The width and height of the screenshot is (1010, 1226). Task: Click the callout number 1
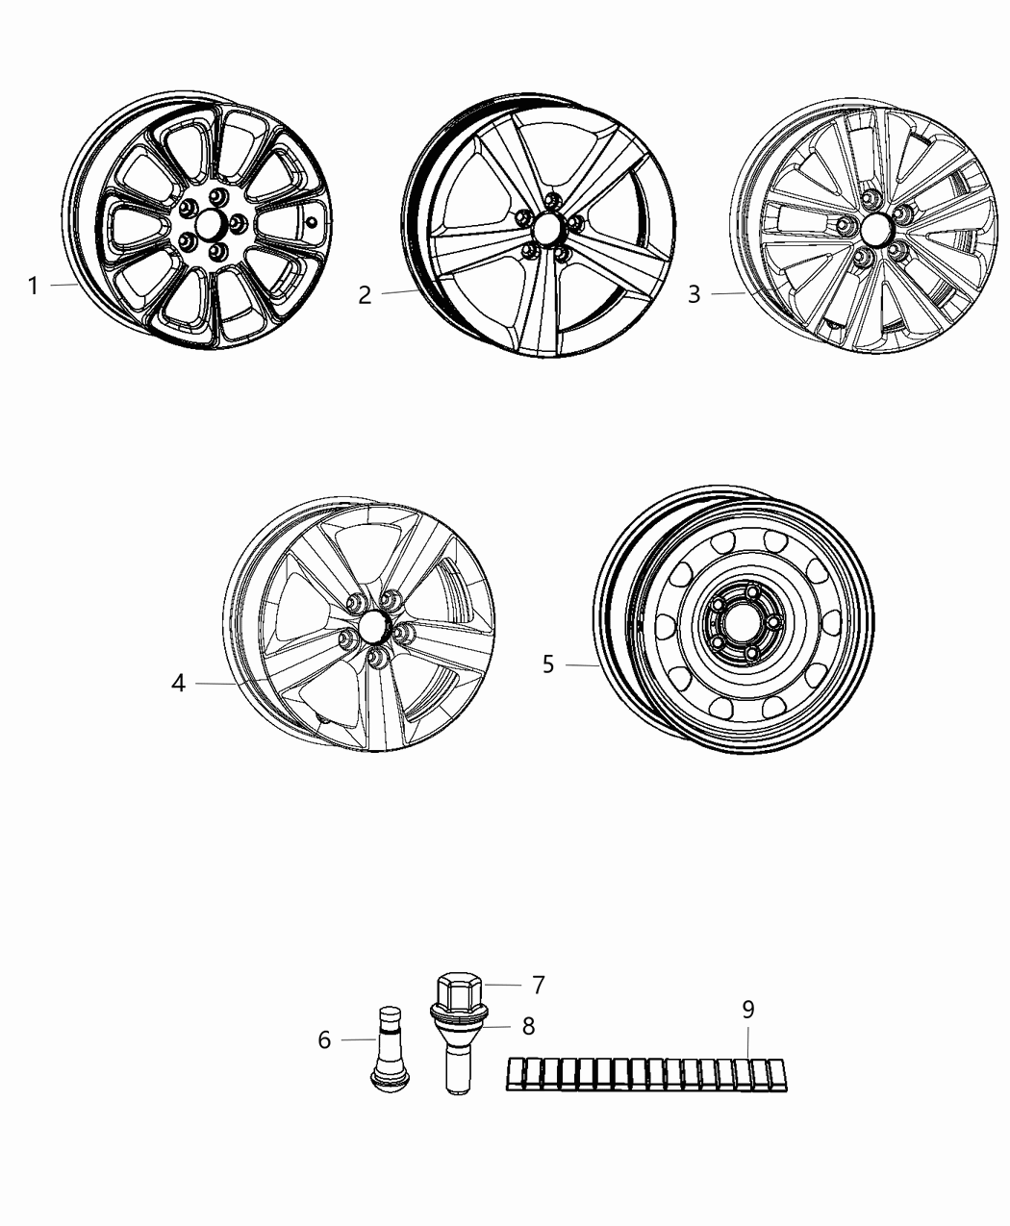coord(33,286)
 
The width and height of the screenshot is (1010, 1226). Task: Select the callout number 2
coord(365,295)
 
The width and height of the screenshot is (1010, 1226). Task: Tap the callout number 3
coord(694,294)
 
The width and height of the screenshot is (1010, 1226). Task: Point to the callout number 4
coord(178,684)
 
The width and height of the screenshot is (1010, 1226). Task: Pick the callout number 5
coord(548,664)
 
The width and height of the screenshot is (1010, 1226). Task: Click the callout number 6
coord(324,1039)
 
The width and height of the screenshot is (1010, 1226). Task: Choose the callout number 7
coord(538,985)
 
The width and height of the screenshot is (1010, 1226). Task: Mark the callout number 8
coord(528,1026)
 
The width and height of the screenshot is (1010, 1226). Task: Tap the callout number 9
coord(748,1010)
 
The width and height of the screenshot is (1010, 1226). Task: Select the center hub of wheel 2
coord(549,229)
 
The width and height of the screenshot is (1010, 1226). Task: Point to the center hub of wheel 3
coord(876,231)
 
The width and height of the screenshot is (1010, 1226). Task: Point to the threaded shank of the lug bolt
coord(456,1067)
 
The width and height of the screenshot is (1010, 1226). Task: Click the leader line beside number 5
coord(583,664)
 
